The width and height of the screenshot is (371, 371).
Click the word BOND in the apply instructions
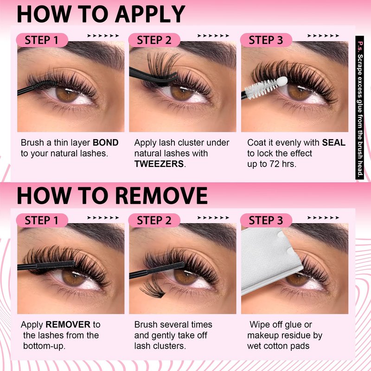[106, 143]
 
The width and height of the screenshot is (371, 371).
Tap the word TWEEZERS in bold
[159, 164]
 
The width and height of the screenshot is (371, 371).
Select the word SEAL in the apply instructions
[333, 142]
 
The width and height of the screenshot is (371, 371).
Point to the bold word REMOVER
[68, 324]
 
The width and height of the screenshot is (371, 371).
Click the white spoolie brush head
[266, 87]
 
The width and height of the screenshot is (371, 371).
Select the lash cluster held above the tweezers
[163, 63]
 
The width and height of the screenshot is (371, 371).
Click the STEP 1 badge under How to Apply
[42, 40]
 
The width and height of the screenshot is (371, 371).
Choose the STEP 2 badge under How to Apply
[154, 40]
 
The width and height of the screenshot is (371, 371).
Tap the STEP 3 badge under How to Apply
[266, 40]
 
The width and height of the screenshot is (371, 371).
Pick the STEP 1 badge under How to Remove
[42, 220]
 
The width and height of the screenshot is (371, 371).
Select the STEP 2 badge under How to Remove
[154, 220]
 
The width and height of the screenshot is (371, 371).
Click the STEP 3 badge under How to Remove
[266, 220]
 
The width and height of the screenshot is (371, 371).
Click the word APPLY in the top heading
[150, 14]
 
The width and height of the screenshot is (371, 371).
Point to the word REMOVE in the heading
[161, 195]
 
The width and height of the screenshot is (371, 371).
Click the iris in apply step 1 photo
[67, 94]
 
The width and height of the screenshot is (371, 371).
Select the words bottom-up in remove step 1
[44, 346]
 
